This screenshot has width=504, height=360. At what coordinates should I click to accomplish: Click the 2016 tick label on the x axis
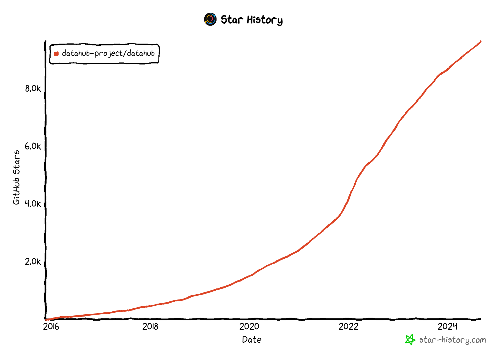[x=51, y=326]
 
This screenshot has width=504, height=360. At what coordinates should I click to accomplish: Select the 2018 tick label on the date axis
[x=150, y=326]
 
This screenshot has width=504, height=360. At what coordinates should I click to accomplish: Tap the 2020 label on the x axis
[x=249, y=326]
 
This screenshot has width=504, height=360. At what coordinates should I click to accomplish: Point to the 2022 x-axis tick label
[x=348, y=326]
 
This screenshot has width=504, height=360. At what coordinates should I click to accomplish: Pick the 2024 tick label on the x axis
[x=447, y=326]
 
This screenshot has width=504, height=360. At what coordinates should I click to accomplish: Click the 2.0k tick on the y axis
[x=33, y=261]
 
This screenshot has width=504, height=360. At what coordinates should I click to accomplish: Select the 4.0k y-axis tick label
[x=33, y=204]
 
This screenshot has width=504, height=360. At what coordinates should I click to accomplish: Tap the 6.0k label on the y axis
[x=33, y=146]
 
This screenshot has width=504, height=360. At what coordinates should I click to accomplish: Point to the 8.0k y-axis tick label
[x=33, y=88]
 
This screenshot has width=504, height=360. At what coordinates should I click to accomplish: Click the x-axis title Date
[x=252, y=340]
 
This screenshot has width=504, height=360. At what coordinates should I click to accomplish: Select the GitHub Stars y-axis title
[x=17, y=177]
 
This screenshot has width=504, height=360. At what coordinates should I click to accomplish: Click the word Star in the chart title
[x=232, y=20]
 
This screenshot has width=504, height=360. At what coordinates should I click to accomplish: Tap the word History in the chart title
[x=265, y=20]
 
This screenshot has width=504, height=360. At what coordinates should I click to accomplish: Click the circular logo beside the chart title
[x=210, y=19]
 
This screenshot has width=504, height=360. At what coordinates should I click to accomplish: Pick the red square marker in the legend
[x=56, y=54]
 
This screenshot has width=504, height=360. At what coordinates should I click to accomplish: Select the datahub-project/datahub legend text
[x=108, y=53]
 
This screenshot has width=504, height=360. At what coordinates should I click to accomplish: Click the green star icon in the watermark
[x=410, y=340]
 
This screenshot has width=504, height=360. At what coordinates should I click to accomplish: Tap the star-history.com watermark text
[x=453, y=340]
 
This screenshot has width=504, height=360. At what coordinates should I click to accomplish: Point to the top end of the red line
[x=480, y=42]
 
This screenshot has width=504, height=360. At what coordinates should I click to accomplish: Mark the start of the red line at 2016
[x=46, y=320]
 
